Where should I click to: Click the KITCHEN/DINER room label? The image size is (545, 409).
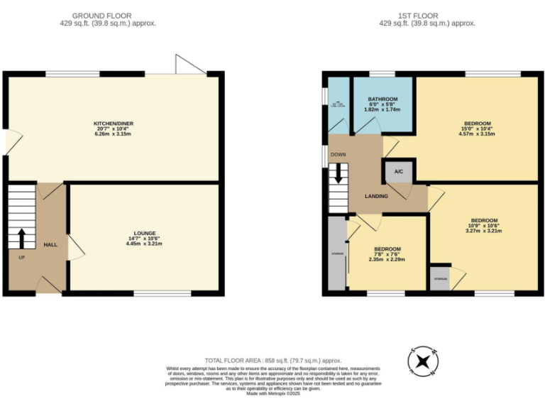[x=114, y=124]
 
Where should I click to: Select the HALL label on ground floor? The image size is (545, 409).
[x=50, y=244]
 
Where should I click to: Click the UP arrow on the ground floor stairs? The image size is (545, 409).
[x=21, y=237]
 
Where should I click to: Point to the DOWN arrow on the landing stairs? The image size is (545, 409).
[x=338, y=173]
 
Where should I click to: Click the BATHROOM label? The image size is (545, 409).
[x=382, y=99]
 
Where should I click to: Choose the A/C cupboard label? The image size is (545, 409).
[x=398, y=172]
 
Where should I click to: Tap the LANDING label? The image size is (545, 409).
[x=377, y=197]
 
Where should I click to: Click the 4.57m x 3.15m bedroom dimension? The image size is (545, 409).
[x=476, y=133]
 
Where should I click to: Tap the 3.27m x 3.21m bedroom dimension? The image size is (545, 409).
[x=483, y=231]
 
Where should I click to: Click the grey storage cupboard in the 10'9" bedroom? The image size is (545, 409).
[x=440, y=279]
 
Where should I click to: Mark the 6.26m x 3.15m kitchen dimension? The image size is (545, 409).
[x=114, y=133]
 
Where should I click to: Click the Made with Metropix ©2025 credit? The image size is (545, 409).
[x=273, y=393]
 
